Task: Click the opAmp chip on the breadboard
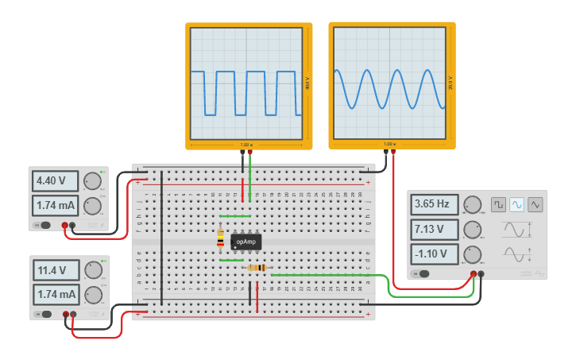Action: [x=246, y=241]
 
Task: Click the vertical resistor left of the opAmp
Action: [x=220, y=238]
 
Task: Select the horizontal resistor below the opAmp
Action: [x=257, y=268]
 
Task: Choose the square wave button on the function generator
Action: [x=498, y=204]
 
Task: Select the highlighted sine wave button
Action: [x=516, y=204]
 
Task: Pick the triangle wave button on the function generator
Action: [x=535, y=204]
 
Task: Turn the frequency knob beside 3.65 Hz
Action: [x=472, y=205]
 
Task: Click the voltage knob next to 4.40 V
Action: [x=93, y=180]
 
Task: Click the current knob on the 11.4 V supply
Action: [x=93, y=295]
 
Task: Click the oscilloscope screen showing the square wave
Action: [x=245, y=83]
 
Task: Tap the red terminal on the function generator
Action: [x=473, y=274]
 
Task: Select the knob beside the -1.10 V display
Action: [x=472, y=255]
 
